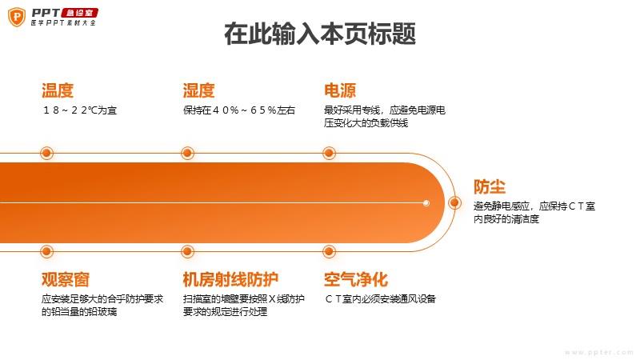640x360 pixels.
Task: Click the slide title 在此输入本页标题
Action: (320, 34)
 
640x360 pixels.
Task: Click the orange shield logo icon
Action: (17, 17)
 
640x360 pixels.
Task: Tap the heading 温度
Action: (58, 90)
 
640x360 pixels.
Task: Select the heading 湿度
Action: (198, 90)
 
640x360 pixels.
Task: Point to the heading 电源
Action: (340, 90)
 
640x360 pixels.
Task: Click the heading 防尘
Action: (490, 187)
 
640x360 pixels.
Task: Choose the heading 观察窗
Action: (66, 279)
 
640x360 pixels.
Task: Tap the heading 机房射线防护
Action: (230, 279)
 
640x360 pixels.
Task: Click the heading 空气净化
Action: (356, 279)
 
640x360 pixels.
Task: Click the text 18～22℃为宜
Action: (79, 110)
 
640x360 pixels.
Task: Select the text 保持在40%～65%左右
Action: (239, 110)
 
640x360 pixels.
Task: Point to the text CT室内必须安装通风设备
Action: (381, 299)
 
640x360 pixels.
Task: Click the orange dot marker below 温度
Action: (46, 154)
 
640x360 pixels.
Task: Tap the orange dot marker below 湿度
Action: (187, 154)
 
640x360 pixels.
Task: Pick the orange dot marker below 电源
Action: (329, 154)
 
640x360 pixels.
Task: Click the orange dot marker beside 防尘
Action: (454, 203)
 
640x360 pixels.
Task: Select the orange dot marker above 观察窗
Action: (46, 251)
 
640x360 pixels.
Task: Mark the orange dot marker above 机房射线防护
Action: (187, 251)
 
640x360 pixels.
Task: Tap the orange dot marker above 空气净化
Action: (329, 251)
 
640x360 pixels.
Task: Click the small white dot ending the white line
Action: (426, 203)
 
